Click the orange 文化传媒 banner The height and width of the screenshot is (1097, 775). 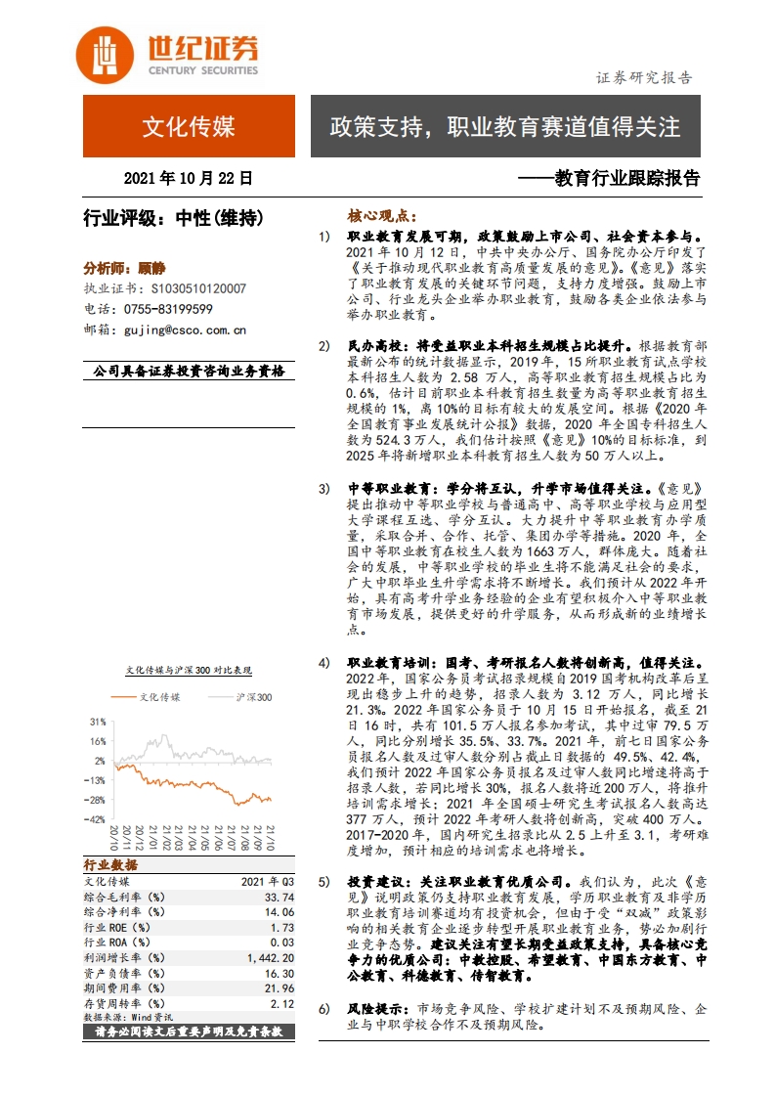tap(189, 126)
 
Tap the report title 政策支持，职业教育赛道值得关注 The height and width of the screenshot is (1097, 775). tap(504, 126)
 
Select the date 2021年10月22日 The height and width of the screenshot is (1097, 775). tap(189, 179)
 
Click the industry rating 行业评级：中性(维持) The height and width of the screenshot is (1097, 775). tap(173, 219)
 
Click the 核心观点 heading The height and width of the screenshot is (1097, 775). tap(382, 216)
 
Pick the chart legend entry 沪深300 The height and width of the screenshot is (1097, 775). tap(253, 697)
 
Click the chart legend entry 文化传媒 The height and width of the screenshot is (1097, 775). tap(159, 697)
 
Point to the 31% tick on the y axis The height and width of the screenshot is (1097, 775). tap(98, 722)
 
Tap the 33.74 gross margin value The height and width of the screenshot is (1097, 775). tap(280, 897)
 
